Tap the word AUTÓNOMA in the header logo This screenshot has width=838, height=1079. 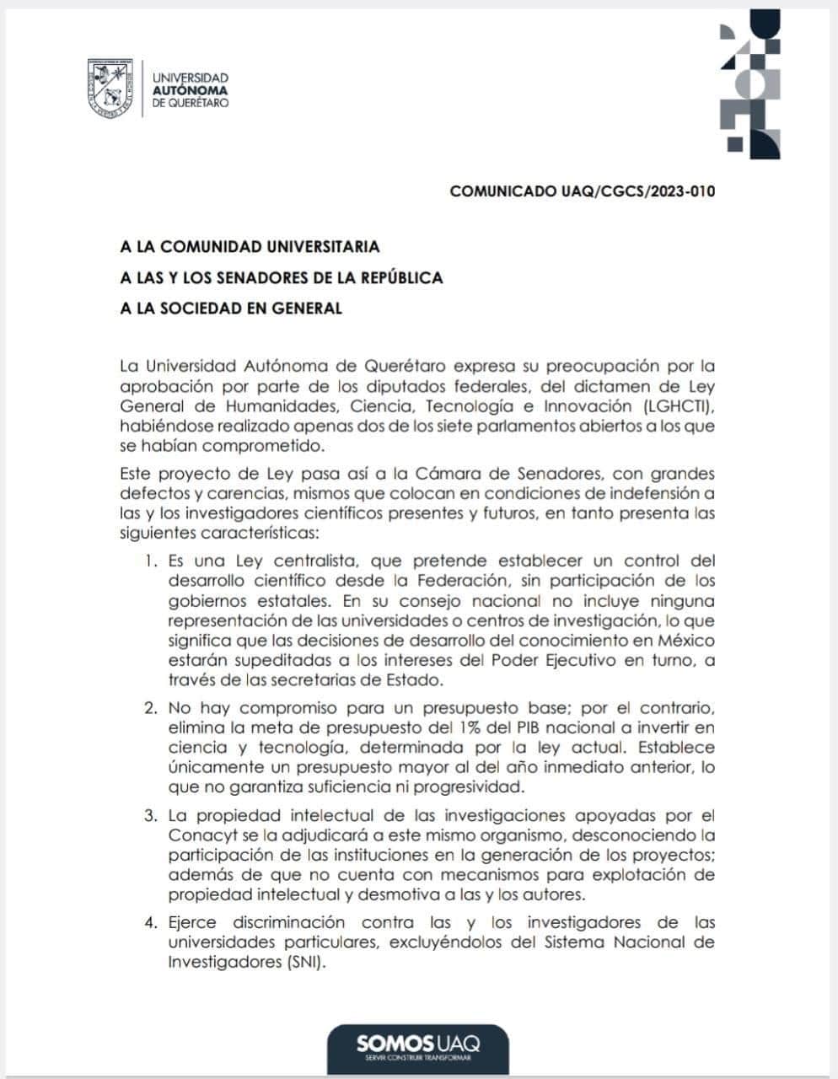coord(190,90)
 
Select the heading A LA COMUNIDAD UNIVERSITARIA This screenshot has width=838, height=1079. coord(250,247)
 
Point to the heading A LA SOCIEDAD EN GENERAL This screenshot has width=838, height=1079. coord(231,308)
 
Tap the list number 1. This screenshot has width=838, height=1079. coord(150,561)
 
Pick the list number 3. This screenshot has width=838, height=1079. coord(150,815)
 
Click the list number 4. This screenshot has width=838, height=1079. coord(150,922)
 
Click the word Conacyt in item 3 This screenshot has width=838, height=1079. coord(199,835)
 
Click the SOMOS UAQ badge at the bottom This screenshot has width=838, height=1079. coord(418,1046)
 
